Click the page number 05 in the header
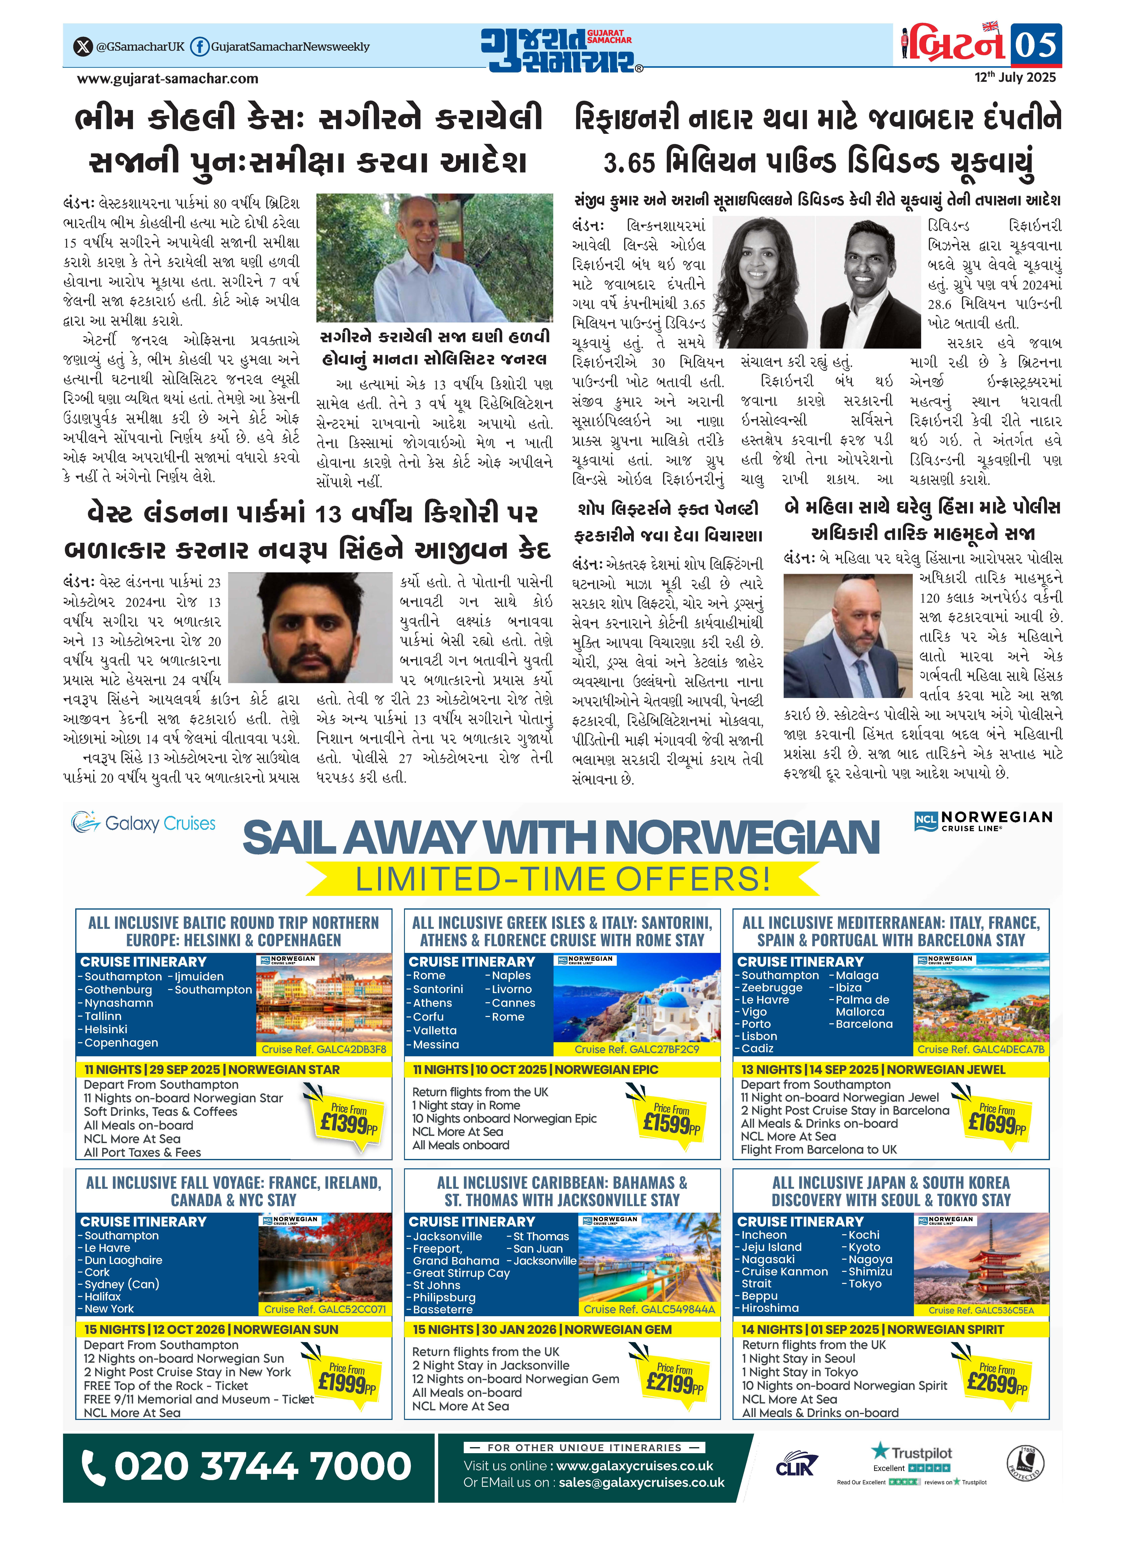1035,45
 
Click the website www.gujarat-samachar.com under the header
168,78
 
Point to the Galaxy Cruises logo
143,823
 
